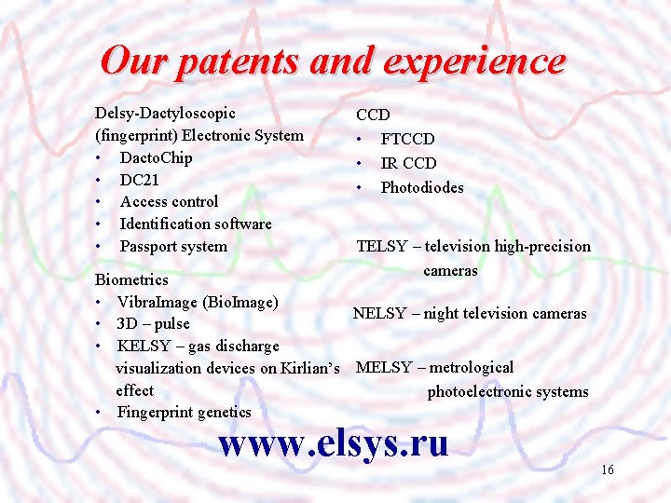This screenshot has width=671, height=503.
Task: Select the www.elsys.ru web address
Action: [333, 442]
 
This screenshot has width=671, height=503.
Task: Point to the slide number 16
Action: [607, 470]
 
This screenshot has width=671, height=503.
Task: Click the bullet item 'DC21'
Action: [140, 180]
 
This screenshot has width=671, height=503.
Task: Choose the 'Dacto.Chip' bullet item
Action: [156, 157]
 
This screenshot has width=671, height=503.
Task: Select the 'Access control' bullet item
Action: [169, 201]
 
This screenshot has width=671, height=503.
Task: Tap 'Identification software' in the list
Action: [196, 224]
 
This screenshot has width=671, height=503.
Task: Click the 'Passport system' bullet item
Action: [173, 246]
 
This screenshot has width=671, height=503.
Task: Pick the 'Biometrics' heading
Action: [132, 279]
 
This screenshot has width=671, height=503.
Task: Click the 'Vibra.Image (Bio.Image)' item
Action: [198, 302]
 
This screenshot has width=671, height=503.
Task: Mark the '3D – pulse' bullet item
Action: [153, 324]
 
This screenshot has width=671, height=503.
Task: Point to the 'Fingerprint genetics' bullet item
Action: [184, 412]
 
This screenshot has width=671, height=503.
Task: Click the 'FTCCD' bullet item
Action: [407, 139]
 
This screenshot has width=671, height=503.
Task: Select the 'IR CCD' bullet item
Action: [408, 163]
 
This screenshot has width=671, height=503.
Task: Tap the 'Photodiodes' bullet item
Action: [421, 187]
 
